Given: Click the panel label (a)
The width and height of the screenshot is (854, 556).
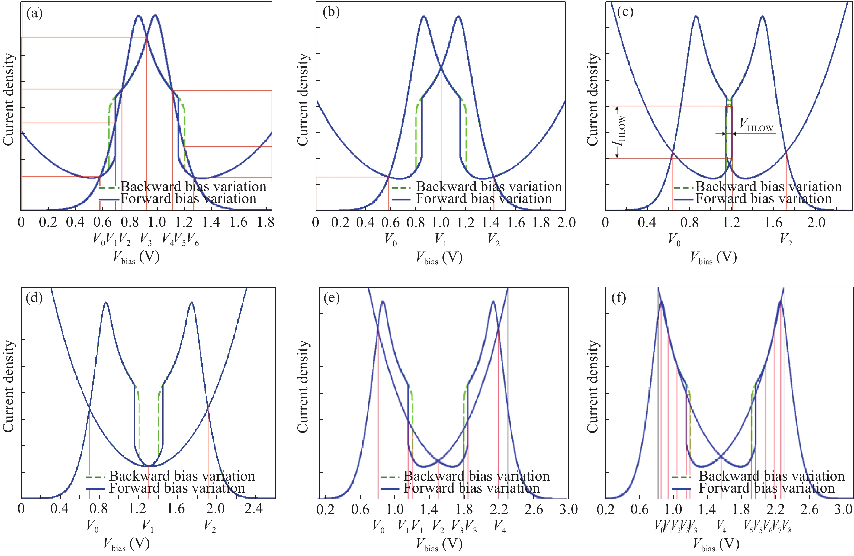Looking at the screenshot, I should [34, 14].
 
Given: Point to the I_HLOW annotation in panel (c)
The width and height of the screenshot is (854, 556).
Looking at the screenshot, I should [620, 132].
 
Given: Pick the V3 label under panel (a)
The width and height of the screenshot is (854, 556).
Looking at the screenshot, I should [146, 239].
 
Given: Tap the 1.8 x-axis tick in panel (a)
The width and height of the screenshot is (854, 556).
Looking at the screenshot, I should [265, 222].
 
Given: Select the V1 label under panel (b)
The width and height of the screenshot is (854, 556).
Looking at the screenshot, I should [441, 239].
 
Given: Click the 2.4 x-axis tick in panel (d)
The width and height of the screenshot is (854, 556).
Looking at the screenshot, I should [253, 508].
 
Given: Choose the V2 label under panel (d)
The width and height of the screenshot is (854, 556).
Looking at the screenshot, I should [210, 526].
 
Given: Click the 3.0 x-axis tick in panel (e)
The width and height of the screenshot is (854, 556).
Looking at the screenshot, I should [568, 509].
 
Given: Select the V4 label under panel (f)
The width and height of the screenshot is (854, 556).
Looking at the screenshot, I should [721, 526].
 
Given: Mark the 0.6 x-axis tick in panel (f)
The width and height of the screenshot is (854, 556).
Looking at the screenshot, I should [640, 509].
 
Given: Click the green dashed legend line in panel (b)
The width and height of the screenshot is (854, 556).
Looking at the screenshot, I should [401, 187].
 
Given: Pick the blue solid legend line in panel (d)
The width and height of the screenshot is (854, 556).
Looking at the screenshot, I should [95, 488].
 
